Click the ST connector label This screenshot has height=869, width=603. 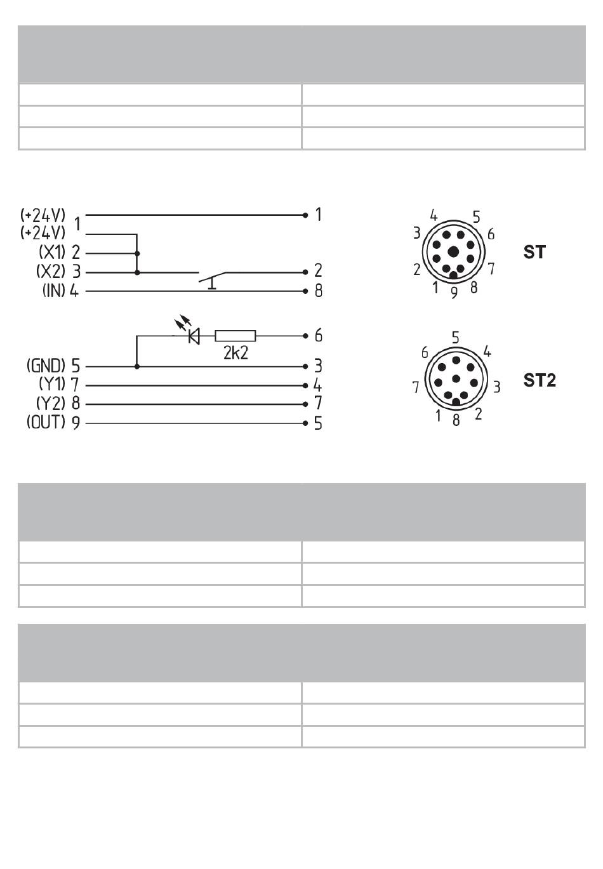(534, 252)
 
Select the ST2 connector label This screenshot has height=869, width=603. (540, 380)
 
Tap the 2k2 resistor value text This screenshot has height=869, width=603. (235, 353)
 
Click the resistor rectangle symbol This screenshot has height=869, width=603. (235, 336)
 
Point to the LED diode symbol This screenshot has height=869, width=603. (194, 336)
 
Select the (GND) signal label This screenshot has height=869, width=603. (46, 366)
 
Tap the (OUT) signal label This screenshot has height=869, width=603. (46, 422)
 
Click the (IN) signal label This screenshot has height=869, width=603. (54, 291)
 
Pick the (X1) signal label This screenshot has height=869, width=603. (53, 253)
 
